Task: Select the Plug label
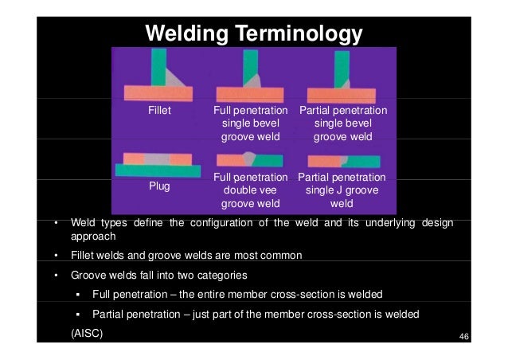[x=160, y=186]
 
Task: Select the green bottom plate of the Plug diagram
[x=158, y=169]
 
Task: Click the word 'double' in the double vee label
[x=250, y=191]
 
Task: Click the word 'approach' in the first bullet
[x=94, y=237]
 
